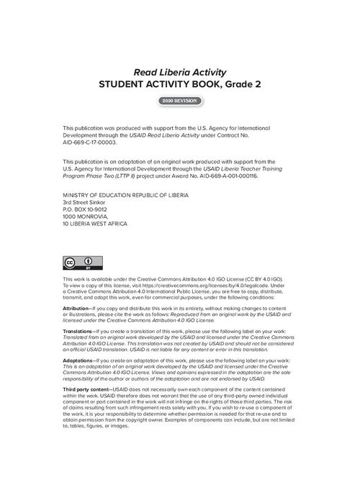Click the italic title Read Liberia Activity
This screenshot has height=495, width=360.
(x=179, y=72)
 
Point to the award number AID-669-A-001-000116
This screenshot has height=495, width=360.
(x=223, y=175)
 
